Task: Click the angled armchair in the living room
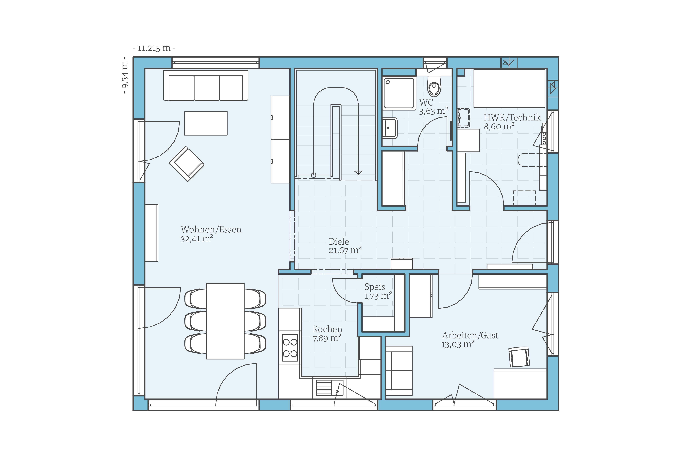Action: tap(186, 164)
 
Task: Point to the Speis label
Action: tap(375, 287)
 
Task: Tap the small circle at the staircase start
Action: tap(313, 175)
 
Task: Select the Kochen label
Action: tap(327, 329)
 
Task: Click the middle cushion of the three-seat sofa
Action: tap(207, 88)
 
